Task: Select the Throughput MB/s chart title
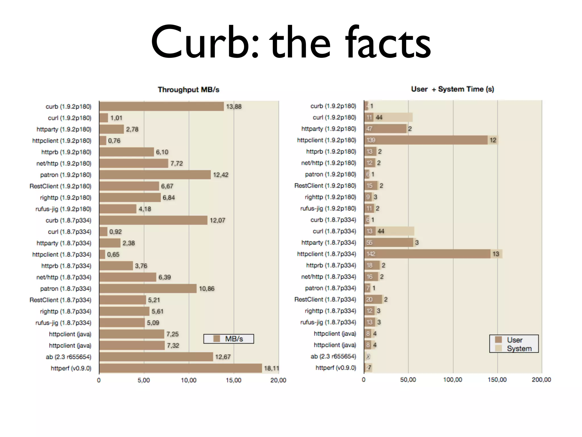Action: coord(188,90)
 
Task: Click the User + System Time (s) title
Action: coord(452,89)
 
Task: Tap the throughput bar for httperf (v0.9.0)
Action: coord(180,368)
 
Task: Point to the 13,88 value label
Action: coord(234,106)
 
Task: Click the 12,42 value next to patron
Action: coord(221,175)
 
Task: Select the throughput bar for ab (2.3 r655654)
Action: coord(156,357)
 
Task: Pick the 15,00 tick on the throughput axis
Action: coord(233,380)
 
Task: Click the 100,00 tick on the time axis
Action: coord(452,380)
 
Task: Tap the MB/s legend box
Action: coord(229,339)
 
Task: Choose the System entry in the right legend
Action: coord(519,349)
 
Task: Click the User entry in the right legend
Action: coord(514,340)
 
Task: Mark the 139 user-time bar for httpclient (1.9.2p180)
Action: coord(426,140)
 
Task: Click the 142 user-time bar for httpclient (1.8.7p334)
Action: coord(427,254)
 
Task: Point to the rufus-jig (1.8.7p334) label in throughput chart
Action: coord(63,323)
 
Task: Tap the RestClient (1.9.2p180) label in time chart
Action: coord(325,185)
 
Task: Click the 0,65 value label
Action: coord(113,254)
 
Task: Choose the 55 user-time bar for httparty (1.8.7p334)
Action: coord(388,242)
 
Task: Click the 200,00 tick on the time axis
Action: coord(541,380)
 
